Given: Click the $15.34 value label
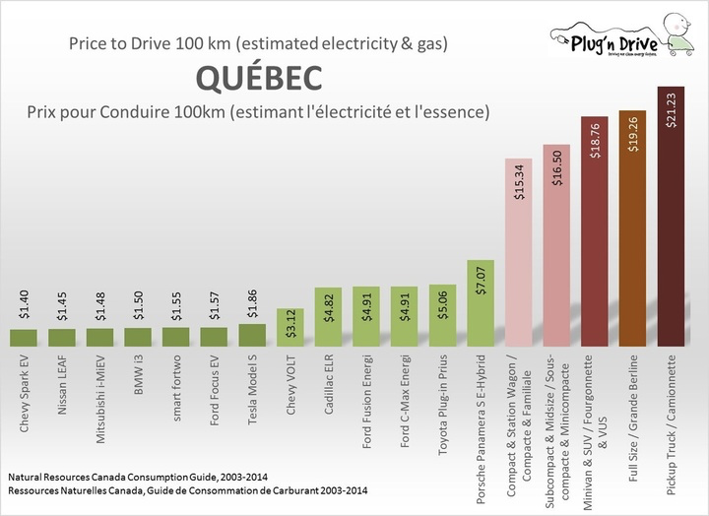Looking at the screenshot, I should [518, 182].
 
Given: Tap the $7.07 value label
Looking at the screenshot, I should [480, 281].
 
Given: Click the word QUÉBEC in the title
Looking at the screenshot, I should [258, 77].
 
